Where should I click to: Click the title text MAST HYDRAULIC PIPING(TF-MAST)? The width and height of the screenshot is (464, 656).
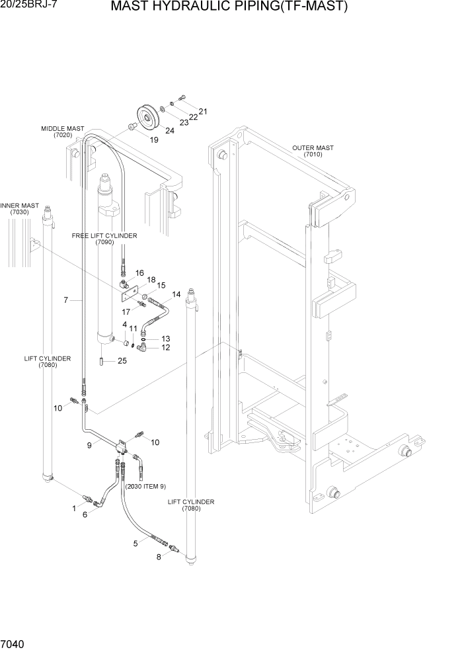click(x=229, y=7)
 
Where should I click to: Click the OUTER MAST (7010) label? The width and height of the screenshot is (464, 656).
click(x=313, y=151)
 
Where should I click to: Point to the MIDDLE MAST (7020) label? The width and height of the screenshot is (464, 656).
click(x=62, y=132)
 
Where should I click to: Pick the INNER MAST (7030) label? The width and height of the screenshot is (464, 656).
click(x=19, y=209)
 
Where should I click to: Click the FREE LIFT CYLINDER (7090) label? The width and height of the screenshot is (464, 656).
click(x=104, y=239)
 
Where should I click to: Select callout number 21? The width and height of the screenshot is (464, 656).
click(x=203, y=111)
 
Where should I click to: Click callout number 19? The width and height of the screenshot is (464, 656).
click(x=154, y=140)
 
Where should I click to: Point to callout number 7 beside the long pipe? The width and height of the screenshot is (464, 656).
click(x=66, y=300)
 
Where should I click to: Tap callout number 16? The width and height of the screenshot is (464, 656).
click(x=139, y=272)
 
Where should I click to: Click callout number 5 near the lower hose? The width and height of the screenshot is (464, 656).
click(x=135, y=543)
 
